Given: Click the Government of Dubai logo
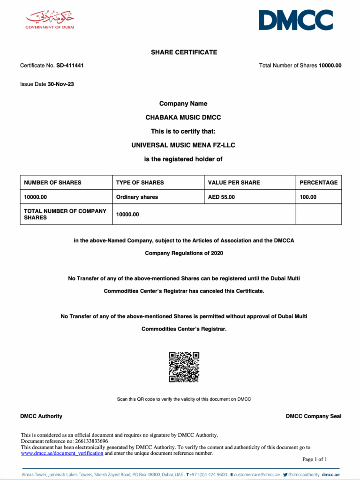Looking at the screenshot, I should [x=50, y=20].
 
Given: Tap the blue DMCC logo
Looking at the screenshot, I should [x=296, y=20].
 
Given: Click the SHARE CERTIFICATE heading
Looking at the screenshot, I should [x=184, y=52].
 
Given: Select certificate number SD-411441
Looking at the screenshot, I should [x=70, y=66].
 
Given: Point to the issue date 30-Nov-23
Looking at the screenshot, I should [x=61, y=84].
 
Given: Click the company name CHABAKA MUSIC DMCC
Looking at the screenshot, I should [x=183, y=118].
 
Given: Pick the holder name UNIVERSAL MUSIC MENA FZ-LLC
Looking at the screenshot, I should [x=183, y=145].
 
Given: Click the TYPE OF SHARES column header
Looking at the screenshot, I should [x=140, y=182].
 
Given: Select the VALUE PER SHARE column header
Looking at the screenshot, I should [x=234, y=182].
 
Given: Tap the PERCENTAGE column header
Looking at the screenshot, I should [x=318, y=182].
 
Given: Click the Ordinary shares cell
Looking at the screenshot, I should [x=137, y=197].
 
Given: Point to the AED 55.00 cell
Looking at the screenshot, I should [x=221, y=197].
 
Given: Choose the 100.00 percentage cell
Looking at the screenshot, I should [x=308, y=197].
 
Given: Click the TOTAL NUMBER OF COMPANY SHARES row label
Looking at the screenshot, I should [x=65, y=214].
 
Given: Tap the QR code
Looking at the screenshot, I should [x=184, y=367].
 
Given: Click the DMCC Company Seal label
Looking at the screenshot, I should [x=314, y=416].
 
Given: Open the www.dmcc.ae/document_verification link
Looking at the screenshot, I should [x=62, y=453].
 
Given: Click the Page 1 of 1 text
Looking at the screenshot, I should [x=315, y=459].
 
